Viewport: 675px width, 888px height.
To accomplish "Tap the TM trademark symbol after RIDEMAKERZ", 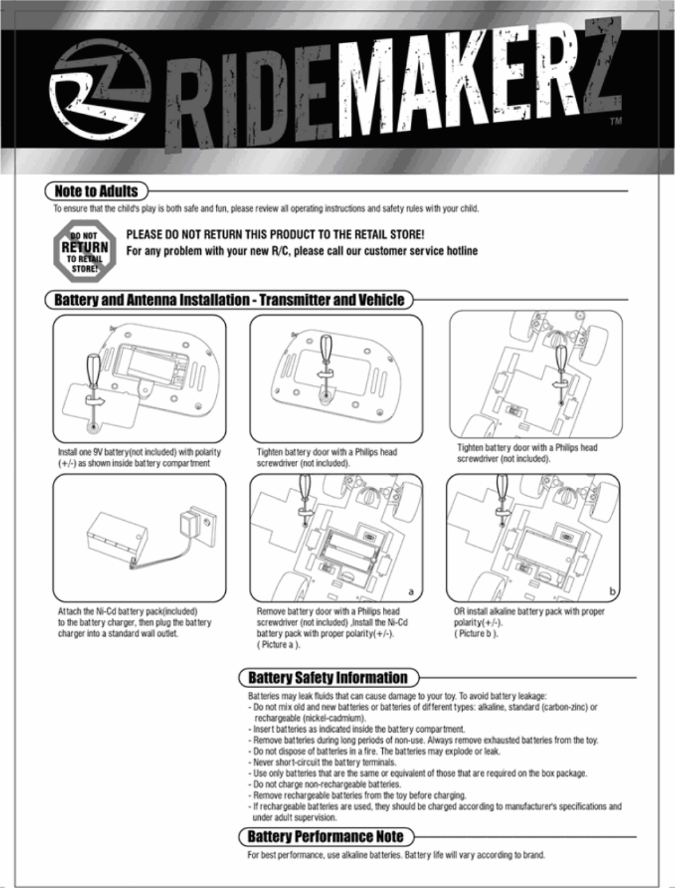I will pyautogui.click(x=615, y=121).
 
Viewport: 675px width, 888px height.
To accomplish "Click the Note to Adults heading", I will pyautogui.click(x=96, y=191).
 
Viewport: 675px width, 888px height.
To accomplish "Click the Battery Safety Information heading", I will pyautogui.click(x=328, y=677).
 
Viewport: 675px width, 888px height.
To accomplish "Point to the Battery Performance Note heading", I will pyautogui.click(x=325, y=836).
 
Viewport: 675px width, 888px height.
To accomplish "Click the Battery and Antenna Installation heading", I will pyautogui.click(x=229, y=300).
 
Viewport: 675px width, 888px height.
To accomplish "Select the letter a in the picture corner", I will pyautogui.click(x=411, y=592).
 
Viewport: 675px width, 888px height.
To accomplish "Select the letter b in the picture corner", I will pyautogui.click(x=612, y=592).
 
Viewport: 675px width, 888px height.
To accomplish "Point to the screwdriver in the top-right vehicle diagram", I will pyautogui.click(x=560, y=369).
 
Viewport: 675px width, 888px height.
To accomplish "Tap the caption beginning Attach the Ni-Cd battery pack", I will pyautogui.click(x=134, y=623).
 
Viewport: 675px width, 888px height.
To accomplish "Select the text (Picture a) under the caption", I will pyautogui.click(x=278, y=645).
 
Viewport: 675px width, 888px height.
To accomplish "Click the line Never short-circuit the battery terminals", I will pyautogui.click(x=324, y=762).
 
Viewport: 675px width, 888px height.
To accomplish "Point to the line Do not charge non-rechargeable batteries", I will pyautogui.click(x=327, y=784).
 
